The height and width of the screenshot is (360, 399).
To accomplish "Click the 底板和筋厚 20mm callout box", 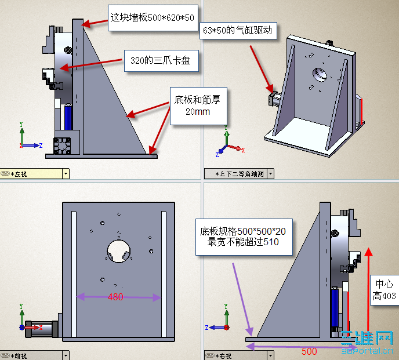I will (x=198, y=106).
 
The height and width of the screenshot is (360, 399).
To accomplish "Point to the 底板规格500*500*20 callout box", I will (x=244, y=237).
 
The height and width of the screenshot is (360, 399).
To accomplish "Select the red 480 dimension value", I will (x=115, y=297).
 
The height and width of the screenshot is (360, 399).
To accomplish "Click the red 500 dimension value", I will (x=309, y=351).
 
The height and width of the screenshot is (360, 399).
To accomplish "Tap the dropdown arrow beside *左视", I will (x=66, y=173).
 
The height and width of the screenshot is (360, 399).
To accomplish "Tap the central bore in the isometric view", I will (x=320, y=74).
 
